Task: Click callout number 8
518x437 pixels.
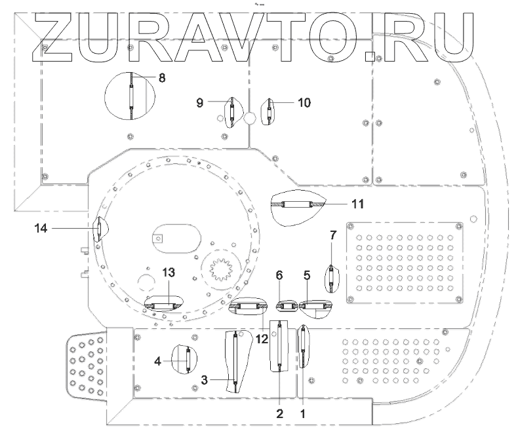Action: (161, 77)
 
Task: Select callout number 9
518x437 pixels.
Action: (201, 102)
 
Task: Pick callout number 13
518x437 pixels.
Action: (167, 273)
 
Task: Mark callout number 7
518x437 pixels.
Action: (332, 235)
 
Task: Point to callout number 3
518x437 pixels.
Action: (205, 379)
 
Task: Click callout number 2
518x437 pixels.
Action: (280, 413)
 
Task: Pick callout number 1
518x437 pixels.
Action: (302, 413)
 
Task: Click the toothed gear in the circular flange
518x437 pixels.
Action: (222, 267)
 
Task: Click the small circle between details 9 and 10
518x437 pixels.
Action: (250, 119)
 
